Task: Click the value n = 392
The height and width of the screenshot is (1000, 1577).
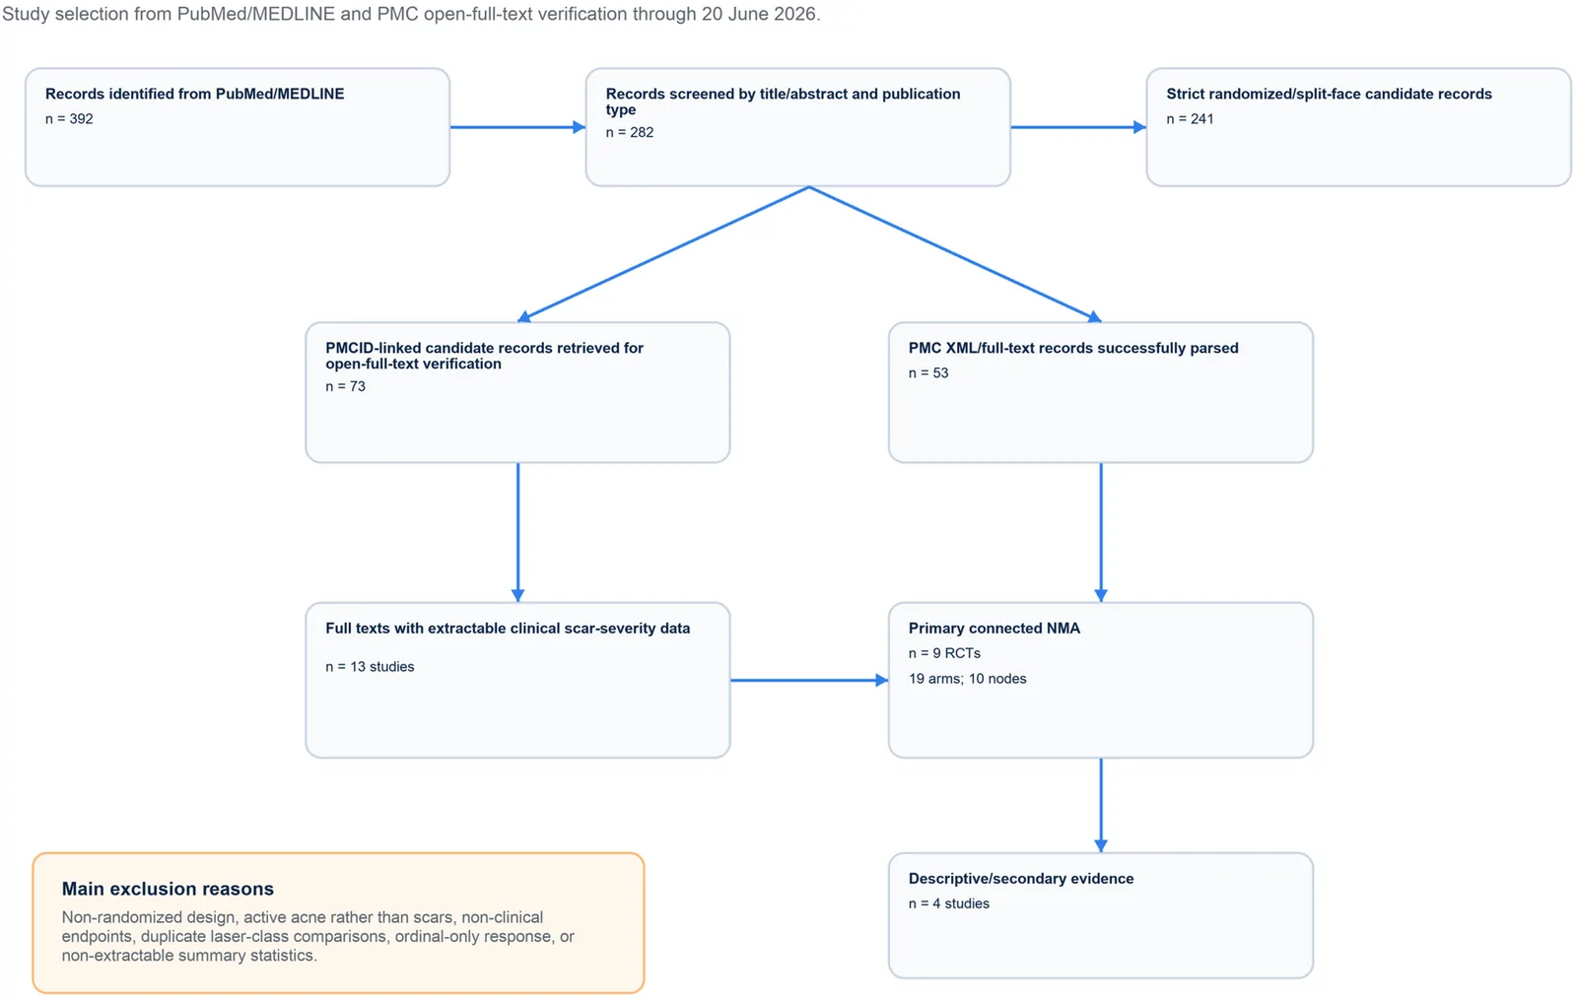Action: [69, 119]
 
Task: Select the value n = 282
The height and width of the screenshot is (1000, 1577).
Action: [630, 132]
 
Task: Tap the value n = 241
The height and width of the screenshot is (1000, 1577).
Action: [1190, 119]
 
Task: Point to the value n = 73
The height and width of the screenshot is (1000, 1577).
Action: [345, 386]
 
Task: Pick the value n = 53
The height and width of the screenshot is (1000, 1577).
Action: [927, 373]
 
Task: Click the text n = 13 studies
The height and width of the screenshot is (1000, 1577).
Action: [370, 666]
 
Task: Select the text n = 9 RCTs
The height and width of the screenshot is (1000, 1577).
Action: [944, 653]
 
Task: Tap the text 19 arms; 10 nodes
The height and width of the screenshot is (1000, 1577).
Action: [967, 679]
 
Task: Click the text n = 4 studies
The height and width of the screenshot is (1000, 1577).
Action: [948, 903]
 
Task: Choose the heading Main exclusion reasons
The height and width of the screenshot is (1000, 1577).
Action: [168, 889]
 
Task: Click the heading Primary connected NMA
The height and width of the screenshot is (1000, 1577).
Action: [994, 628]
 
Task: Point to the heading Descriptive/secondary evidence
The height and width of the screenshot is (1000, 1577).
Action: [1021, 878]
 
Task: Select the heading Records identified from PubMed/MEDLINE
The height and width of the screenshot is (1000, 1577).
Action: [195, 94]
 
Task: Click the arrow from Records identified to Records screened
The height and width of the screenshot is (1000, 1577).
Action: [517, 127]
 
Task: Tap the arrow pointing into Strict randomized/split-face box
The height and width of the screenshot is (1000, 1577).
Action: [1078, 127]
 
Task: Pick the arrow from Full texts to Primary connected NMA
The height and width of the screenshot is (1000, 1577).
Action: [809, 680]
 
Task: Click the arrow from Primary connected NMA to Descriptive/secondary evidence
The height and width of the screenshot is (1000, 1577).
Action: [1101, 805]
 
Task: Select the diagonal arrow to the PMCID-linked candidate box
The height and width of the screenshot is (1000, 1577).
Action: [663, 254]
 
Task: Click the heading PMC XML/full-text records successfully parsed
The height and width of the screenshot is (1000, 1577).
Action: [1073, 348]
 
